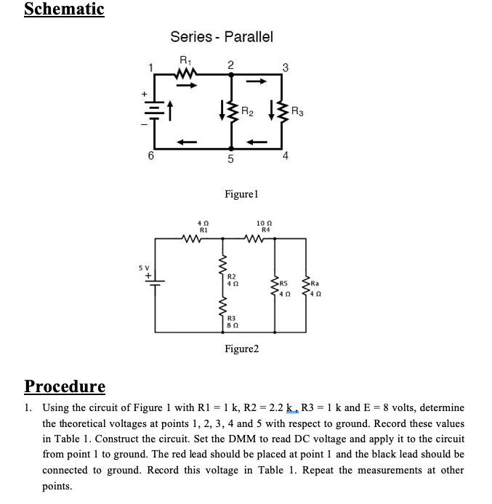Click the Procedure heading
click(65, 385)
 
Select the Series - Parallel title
click(222, 36)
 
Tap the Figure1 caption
click(242, 195)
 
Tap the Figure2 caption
click(241, 349)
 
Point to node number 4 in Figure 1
click(286, 156)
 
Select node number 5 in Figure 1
click(230, 160)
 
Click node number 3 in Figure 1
click(286, 68)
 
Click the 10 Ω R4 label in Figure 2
click(265, 226)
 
